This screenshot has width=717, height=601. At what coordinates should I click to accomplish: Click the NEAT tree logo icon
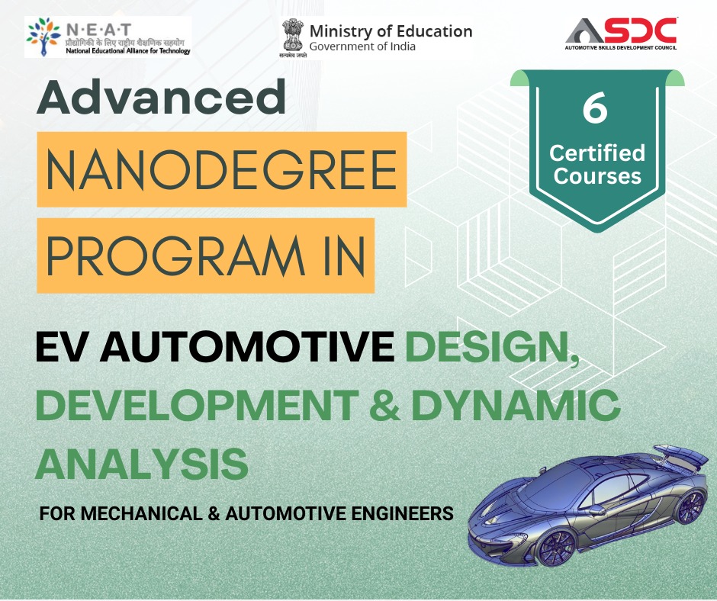tap(43, 37)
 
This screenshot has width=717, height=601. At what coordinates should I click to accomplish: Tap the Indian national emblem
tap(293, 36)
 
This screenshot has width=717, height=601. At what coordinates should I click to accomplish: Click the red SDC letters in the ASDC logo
tap(643, 31)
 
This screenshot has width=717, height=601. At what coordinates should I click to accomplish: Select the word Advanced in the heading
tap(161, 97)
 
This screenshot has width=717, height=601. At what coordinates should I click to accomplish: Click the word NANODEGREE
tap(221, 169)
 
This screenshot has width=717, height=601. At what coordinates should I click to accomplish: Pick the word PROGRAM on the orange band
tap(175, 256)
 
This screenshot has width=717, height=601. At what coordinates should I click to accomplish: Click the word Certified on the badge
tap(597, 153)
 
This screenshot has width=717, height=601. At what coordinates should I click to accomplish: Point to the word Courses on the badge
tap(597, 176)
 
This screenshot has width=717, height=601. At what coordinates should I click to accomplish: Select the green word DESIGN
tap(492, 348)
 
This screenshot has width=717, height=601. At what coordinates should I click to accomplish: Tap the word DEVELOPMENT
tap(197, 405)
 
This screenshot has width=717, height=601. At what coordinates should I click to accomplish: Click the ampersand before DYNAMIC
tap(384, 405)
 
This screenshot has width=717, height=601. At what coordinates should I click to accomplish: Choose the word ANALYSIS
tap(142, 464)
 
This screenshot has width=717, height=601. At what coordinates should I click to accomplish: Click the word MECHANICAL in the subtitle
tap(142, 513)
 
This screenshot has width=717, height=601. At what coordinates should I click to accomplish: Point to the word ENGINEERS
tap(403, 513)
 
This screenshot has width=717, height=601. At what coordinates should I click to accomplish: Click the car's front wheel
tap(555, 547)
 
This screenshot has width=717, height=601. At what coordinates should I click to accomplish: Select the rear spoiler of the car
tap(682, 455)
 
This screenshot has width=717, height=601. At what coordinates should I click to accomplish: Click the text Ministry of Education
tap(391, 31)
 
